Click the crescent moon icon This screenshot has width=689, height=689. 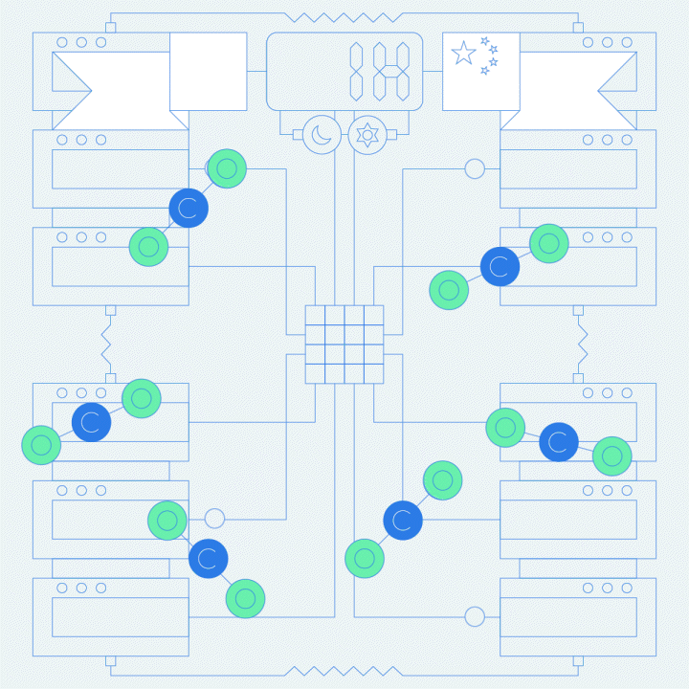click(322, 135)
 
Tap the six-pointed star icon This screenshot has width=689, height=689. click(367, 135)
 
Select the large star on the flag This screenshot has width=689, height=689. click(464, 53)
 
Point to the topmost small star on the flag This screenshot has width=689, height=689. click(484, 40)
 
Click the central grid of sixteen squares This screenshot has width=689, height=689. click(344, 344)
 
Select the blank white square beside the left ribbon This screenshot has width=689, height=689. click(208, 71)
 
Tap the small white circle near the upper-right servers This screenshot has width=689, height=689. click(475, 169)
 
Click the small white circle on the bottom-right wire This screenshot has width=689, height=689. click(475, 616)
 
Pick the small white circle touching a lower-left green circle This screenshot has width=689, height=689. click(214, 519)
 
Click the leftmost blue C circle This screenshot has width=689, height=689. click(92, 421)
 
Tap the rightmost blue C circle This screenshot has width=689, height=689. click(559, 442)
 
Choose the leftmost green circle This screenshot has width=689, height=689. click(41, 445)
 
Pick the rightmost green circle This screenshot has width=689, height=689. click(612, 456)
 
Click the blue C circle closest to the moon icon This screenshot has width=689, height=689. click(189, 208)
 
